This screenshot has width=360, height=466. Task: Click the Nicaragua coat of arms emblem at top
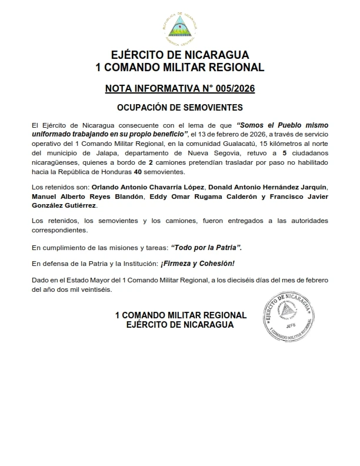point(180,26)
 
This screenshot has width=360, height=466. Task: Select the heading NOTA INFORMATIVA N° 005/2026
point(180,89)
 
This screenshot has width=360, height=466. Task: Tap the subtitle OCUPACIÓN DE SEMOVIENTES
point(180,108)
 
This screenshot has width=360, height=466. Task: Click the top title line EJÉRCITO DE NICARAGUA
point(180,55)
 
